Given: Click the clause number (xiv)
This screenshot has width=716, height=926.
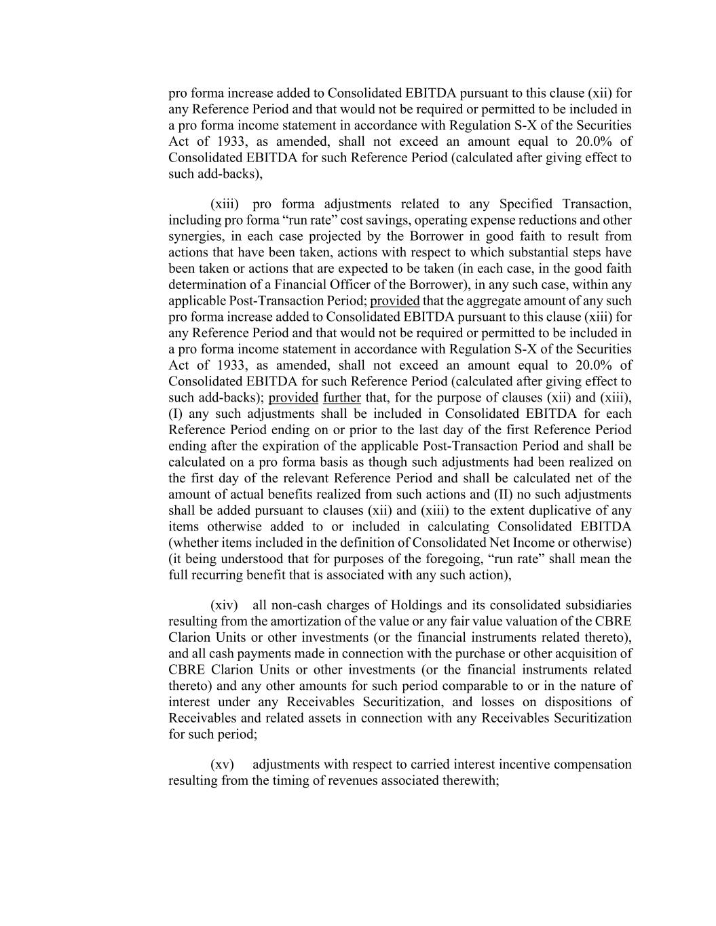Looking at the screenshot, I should (224, 605).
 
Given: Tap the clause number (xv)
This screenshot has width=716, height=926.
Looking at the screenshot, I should (222, 765).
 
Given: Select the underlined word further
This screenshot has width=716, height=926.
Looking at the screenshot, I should (342, 398).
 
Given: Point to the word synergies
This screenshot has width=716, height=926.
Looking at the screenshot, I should (194, 237).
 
